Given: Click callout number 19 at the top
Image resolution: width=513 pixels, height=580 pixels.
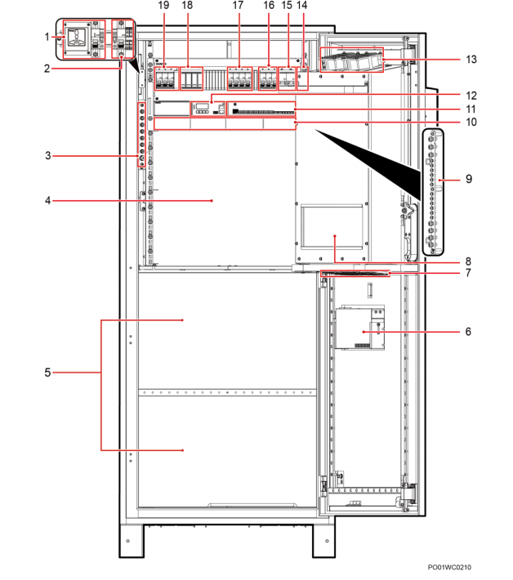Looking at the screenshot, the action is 163,5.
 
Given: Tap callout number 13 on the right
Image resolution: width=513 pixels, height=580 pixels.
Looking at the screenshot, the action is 471,59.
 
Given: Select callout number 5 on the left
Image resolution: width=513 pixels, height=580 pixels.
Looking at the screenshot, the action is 47,373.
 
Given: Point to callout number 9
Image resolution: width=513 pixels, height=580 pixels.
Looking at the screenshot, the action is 469,179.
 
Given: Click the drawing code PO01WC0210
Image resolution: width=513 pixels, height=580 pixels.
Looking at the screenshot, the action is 449,567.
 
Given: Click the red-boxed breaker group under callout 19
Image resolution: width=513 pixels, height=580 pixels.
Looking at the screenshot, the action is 167,78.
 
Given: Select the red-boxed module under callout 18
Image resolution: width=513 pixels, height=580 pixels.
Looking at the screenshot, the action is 192,78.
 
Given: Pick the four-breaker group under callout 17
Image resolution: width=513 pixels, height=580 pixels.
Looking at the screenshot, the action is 239,78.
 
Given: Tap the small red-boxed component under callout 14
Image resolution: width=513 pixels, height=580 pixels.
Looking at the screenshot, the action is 302,78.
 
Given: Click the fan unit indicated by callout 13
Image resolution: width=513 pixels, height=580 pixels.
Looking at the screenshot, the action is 352,60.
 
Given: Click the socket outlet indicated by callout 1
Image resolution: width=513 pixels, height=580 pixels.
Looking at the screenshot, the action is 78,38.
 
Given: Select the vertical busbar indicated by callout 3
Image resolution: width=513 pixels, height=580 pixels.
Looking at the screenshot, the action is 141,134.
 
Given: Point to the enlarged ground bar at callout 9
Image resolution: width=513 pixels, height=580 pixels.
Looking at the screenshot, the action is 433,192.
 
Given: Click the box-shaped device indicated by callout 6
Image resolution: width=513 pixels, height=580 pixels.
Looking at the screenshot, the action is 359,328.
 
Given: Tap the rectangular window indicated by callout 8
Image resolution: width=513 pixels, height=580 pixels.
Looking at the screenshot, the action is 332,227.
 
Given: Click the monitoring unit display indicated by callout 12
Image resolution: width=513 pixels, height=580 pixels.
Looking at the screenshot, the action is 207,109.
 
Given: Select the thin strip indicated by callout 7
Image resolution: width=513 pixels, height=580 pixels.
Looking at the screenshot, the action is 355,274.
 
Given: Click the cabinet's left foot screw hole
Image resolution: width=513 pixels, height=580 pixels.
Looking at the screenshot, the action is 128,541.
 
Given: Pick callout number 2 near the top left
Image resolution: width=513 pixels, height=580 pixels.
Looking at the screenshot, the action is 47,69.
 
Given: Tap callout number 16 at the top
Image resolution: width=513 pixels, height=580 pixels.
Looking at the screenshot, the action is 269,5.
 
